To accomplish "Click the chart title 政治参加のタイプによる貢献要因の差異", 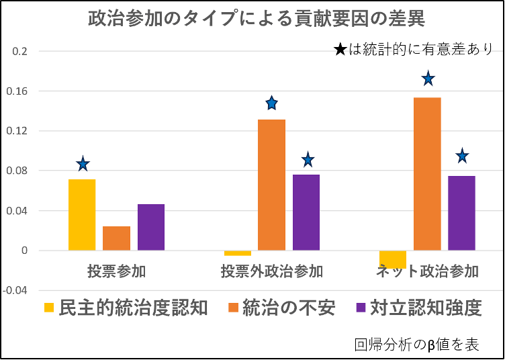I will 257,18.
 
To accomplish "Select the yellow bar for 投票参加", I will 82,215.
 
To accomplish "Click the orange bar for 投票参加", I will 116,238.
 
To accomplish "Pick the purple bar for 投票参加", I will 151,227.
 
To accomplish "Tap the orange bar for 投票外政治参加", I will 271,185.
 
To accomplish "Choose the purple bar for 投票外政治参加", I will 306,212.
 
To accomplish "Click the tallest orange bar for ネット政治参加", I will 427,174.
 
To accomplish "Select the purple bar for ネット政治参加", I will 461,213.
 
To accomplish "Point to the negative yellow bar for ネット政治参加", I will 392,259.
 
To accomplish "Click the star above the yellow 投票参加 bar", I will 83,164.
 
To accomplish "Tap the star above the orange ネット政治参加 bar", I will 428,79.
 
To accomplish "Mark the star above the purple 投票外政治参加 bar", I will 308,160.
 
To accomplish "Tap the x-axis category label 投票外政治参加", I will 271,272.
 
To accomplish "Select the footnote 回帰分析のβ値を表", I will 416,345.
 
